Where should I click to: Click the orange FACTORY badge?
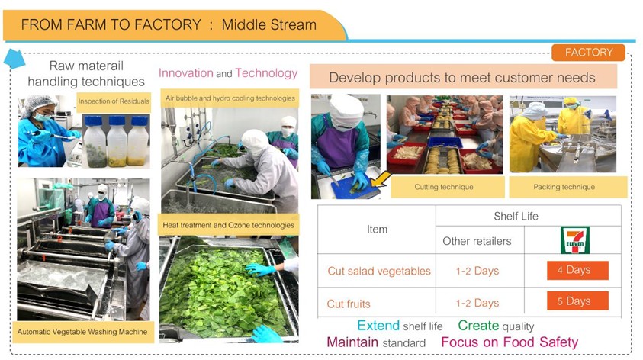[x=588, y=53]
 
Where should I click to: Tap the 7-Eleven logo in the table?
[x=575, y=240]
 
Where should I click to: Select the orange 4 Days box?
[x=577, y=270]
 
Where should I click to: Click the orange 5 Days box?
[x=577, y=301]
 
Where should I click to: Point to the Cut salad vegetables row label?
[x=379, y=271]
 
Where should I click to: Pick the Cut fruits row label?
[x=349, y=304]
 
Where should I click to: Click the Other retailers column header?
[x=477, y=241]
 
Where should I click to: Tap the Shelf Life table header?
[x=516, y=216]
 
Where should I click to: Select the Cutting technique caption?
[x=444, y=187]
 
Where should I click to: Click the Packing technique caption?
[x=564, y=187]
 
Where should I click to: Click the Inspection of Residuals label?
[x=114, y=101]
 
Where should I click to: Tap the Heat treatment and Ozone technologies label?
[x=228, y=225]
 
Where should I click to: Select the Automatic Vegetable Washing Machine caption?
[x=82, y=332]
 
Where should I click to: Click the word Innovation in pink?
[x=186, y=73]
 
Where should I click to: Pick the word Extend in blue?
[x=378, y=326]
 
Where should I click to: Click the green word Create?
[x=478, y=326]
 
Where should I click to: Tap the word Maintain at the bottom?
[x=352, y=342]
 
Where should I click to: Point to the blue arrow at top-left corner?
[x=14, y=59]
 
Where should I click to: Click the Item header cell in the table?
[x=377, y=230]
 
